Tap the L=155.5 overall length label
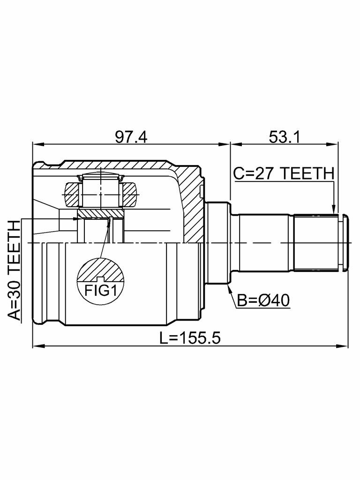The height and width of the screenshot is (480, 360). click(x=189, y=338)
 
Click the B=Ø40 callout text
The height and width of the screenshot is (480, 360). click(x=263, y=300)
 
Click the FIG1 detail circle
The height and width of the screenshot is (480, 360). click(x=100, y=280)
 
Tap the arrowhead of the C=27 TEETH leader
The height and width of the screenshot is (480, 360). click(x=333, y=211)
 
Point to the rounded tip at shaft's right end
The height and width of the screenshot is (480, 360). click(x=346, y=243)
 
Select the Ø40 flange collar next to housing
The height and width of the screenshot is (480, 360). click(x=216, y=243)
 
